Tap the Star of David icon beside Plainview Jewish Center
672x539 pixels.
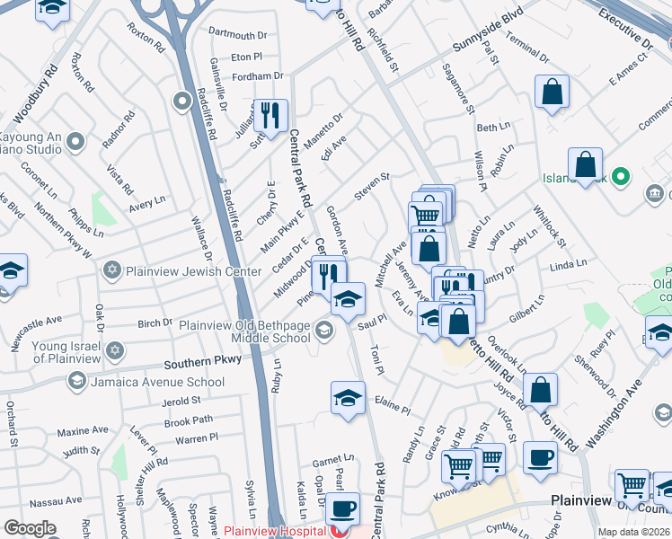[x=112, y=269]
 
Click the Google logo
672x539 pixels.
[x=30, y=528]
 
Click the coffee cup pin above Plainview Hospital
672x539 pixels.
[x=341, y=509]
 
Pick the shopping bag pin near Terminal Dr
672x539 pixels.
[x=552, y=92]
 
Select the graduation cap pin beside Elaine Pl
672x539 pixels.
[x=348, y=398]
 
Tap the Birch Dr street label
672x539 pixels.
[x=155, y=323]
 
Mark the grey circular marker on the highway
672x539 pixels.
[x=184, y=100]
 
